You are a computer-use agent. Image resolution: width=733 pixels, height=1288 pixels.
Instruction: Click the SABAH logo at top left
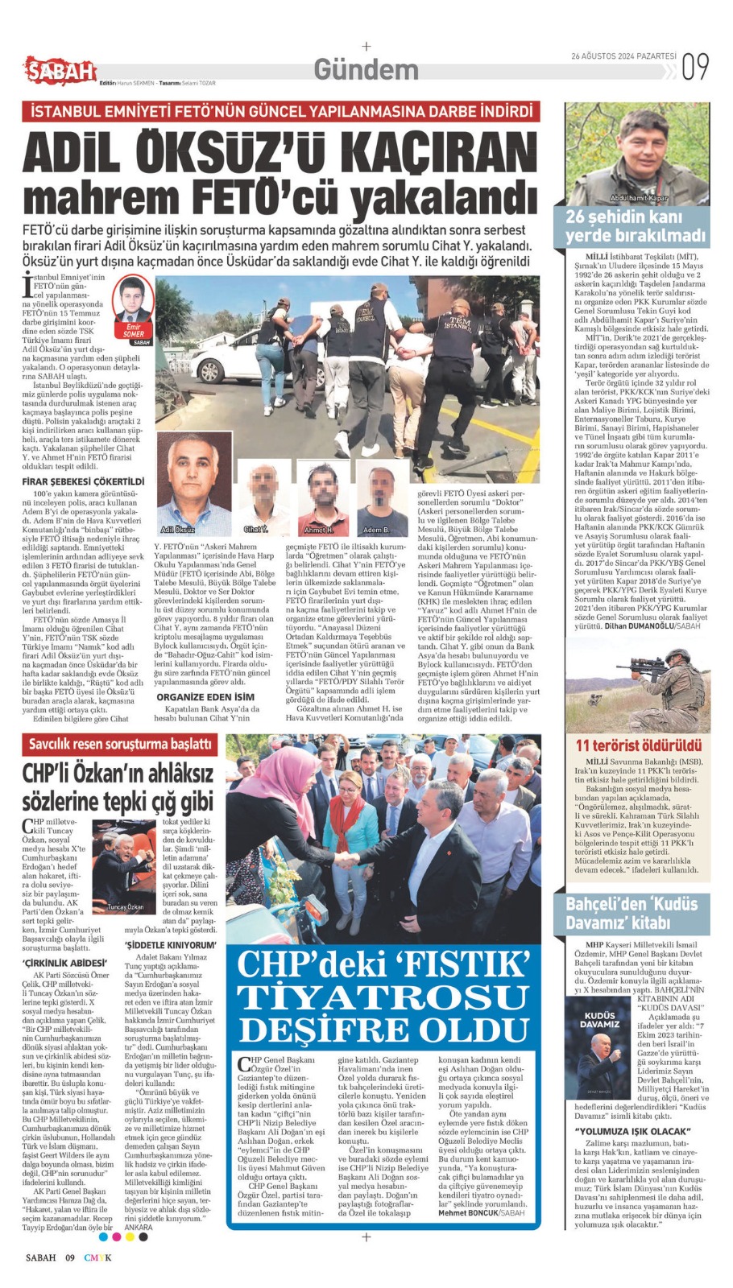(x=60, y=72)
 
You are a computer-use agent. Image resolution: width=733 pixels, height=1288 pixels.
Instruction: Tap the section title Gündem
(x=366, y=70)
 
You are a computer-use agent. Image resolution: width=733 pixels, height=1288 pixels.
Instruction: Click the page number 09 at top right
(x=695, y=68)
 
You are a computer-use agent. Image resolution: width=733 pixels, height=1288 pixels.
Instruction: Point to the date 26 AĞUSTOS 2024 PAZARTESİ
(x=623, y=57)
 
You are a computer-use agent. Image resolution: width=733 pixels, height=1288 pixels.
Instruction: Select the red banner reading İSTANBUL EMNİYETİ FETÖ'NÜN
(x=281, y=112)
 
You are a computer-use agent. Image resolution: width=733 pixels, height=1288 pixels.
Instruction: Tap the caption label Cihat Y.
(x=255, y=529)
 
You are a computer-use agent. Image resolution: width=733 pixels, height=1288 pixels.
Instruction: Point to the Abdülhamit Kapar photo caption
(x=639, y=197)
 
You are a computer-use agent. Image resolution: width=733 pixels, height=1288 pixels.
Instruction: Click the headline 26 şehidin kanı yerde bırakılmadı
(x=636, y=226)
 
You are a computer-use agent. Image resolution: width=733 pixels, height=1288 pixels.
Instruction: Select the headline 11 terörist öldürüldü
(x=638, y=745)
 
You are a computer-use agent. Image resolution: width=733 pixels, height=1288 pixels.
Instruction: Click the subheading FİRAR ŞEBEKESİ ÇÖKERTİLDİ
(x=83, y=481)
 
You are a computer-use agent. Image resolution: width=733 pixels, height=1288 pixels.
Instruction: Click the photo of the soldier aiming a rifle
(x=637, y=685)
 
